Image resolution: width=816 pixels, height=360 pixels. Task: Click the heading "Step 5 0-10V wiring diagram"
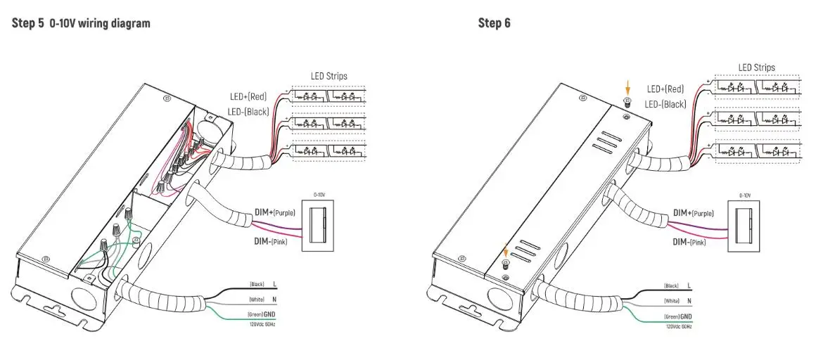pos(81,23)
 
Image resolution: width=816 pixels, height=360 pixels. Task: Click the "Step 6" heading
pos(495,23)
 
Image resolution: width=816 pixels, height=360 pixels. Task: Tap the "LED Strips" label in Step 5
pos(329,76)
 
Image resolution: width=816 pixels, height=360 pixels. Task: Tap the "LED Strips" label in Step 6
pos(757,67)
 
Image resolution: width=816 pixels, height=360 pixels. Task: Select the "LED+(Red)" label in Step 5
pos(249,97)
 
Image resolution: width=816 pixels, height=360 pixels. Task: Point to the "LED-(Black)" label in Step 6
pos(666,104)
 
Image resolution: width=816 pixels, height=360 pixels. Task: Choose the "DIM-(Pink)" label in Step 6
pos(689,241)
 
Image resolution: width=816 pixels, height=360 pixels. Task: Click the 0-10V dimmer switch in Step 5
pos(319,224)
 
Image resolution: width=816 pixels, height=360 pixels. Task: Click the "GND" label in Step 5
pos(269,314)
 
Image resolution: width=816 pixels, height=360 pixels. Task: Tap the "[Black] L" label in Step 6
pos(678,285)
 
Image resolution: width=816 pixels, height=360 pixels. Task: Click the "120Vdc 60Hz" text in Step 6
pos(679,327)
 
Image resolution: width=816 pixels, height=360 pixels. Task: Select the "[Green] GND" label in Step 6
pos(678,318)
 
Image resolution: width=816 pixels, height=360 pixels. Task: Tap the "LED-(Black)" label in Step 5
pos(248,111)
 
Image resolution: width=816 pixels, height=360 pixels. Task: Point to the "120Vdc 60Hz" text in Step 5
pos(262,323)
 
